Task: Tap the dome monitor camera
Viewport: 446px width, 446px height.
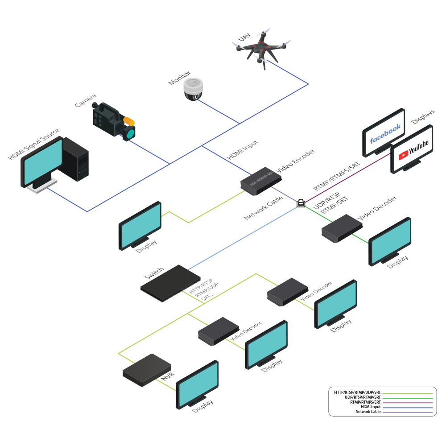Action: (x=194, y=89)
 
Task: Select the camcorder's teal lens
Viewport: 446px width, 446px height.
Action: (x=130, y=133)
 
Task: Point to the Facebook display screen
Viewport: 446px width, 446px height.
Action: (x=384, y=131)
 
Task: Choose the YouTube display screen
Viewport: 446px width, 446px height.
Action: (x=413, y=149)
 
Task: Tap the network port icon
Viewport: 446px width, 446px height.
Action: (x=301, y=203)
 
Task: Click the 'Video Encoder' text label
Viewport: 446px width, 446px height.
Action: (x=296, y=161)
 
